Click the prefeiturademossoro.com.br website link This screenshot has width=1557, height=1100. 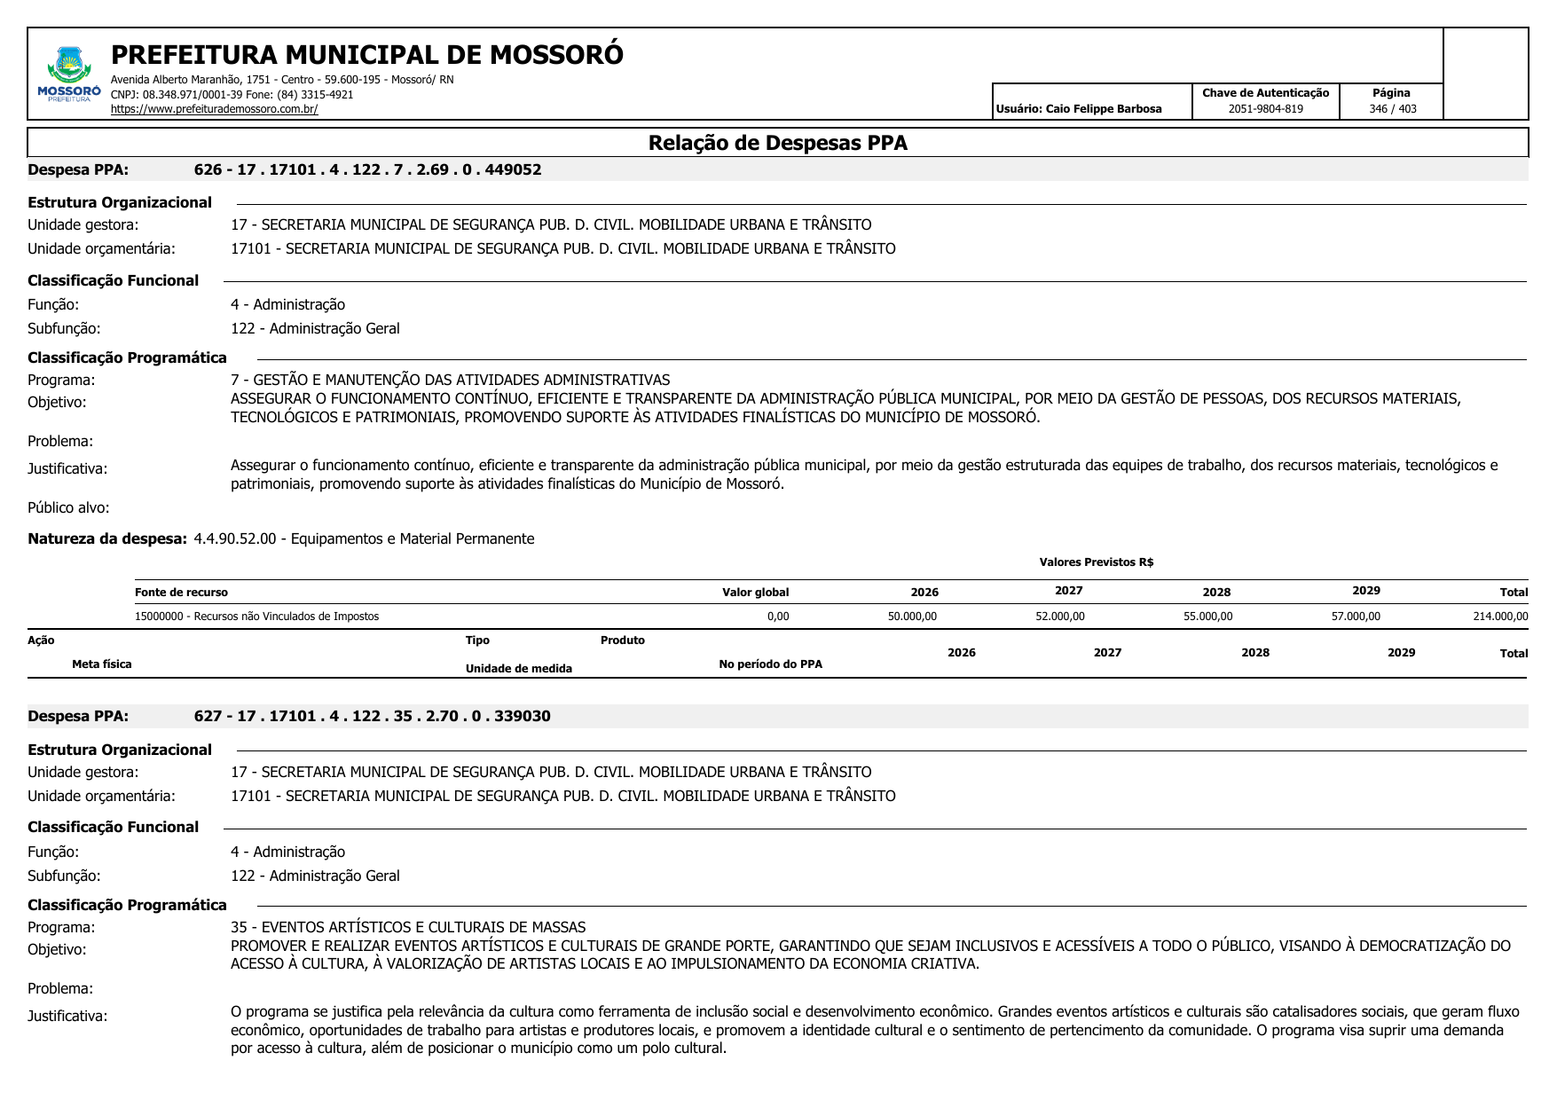[x=214, y=109]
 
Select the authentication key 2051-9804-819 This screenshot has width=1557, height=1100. [x=1265, y=109]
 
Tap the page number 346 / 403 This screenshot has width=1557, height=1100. [x=1392, y=109]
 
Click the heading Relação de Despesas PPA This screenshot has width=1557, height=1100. [x=777, y=143]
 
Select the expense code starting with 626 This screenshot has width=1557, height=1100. [x=367, y=169]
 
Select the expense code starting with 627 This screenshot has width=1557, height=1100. [x=372, y=716]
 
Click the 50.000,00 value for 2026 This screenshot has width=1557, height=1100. [x=912, y=617]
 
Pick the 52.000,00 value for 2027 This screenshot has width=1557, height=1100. [x=1059, y=617]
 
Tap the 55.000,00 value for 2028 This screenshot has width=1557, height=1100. [x=1207, y=617]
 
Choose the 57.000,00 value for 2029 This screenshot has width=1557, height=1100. [x=1355, y=617]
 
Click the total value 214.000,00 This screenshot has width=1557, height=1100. [x=1499, y=617]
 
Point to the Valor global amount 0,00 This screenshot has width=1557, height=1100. [x=777, y=617]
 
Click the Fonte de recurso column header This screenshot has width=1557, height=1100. [x=181, y=593]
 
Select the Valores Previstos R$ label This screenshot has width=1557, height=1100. [x=1096, y=562]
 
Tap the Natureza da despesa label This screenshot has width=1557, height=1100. [x=107, y=538]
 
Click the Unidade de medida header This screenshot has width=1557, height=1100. [x=518, y=669]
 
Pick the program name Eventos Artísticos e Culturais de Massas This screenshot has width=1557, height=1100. [x=408, y=927]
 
